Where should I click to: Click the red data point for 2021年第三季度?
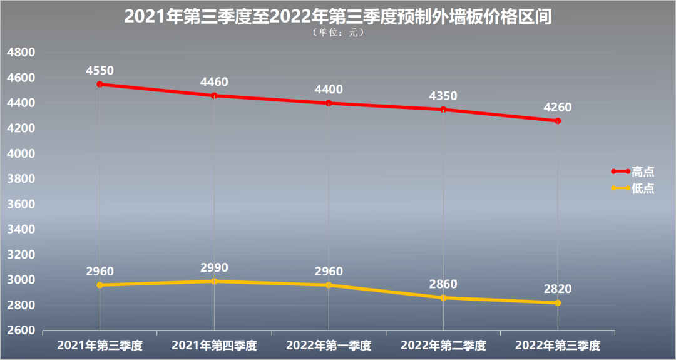click(x=100, y=84)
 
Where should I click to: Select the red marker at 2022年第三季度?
click(x=558, y=121)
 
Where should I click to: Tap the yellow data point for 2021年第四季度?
click(x=214, y=281)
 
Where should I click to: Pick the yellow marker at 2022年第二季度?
click(x=443, y=297)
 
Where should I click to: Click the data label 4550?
click(x=100, y=70)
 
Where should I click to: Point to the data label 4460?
click(x=214, y=82)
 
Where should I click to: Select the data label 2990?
click(x=214, y=267)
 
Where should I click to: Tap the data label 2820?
click(x=558, y=289)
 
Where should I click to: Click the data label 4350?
click(x=443, y=96)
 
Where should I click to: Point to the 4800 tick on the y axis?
click(x=20, y=53)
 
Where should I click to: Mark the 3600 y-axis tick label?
click(x=20, y=204)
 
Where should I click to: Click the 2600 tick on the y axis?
click(x=20, y=331)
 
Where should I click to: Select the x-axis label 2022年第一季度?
click(x=329, y=345)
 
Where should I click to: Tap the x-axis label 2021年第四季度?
click(x=214, y=345)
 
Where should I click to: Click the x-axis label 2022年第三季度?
click(x=558, y=345)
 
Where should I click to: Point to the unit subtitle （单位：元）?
click(x=337, y=33)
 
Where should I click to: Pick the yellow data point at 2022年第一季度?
click(x=329, y=285)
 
